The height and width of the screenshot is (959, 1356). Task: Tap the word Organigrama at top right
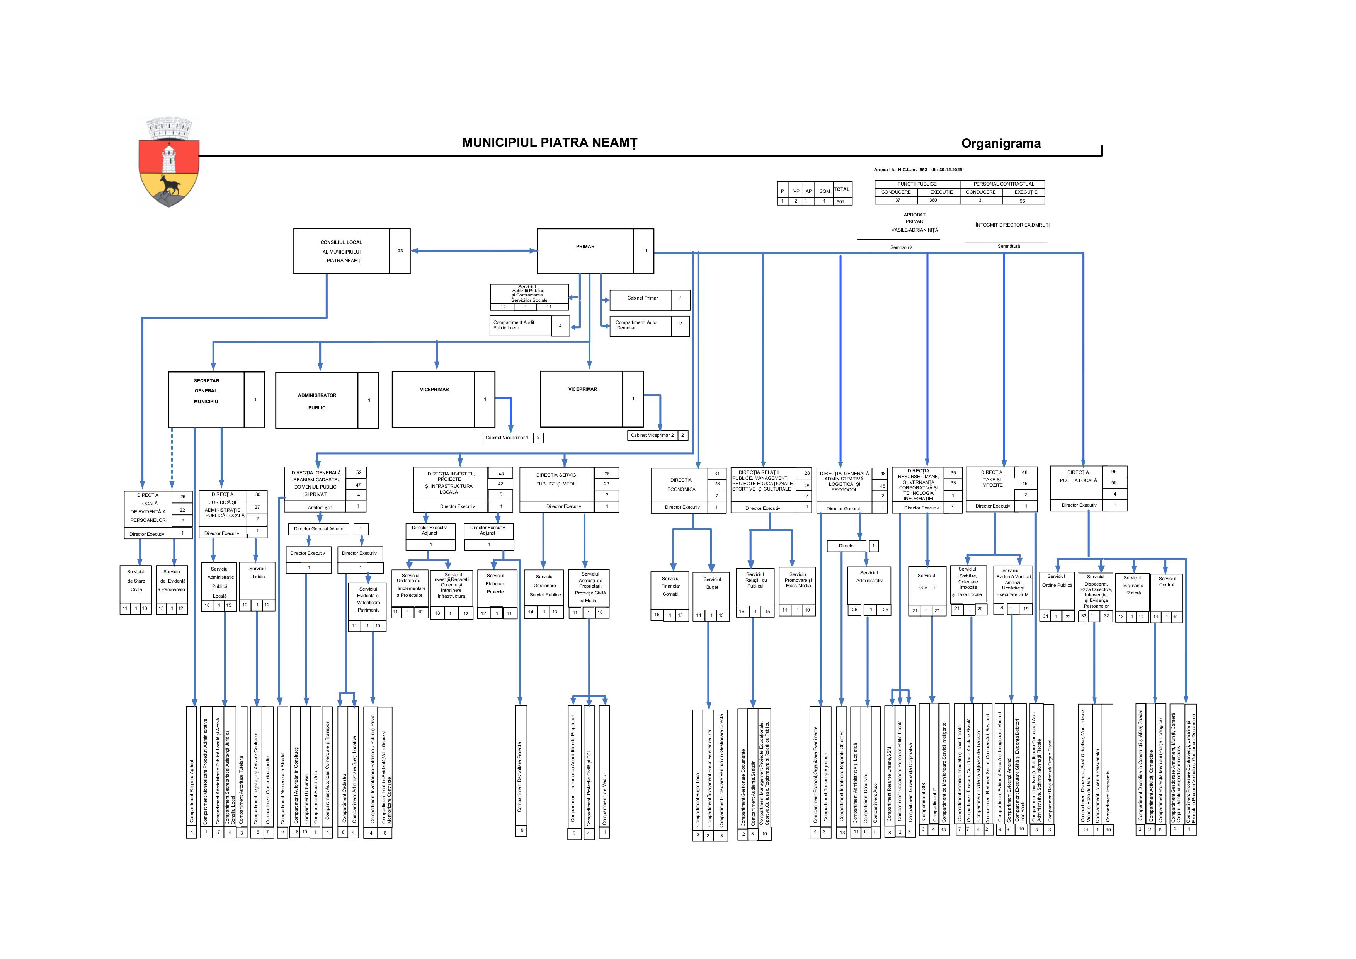click(x=1000, y=143)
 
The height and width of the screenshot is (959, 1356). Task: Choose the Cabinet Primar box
click(x=642, y=298)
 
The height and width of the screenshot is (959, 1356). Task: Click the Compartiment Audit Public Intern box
click(x=521, y=325)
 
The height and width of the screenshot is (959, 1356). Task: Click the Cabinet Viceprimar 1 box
click(x=507, y=438)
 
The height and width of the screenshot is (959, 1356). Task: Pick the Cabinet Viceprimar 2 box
click(x=652, y=436)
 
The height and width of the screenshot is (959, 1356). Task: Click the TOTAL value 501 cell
click(x=840, y=201)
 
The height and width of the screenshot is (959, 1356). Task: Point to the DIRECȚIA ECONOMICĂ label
click(x=681, y=484)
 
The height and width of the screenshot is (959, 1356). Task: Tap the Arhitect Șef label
click(x=320, y=507)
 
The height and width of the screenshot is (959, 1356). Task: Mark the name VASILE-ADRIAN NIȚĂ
click(x=914, y=230)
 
